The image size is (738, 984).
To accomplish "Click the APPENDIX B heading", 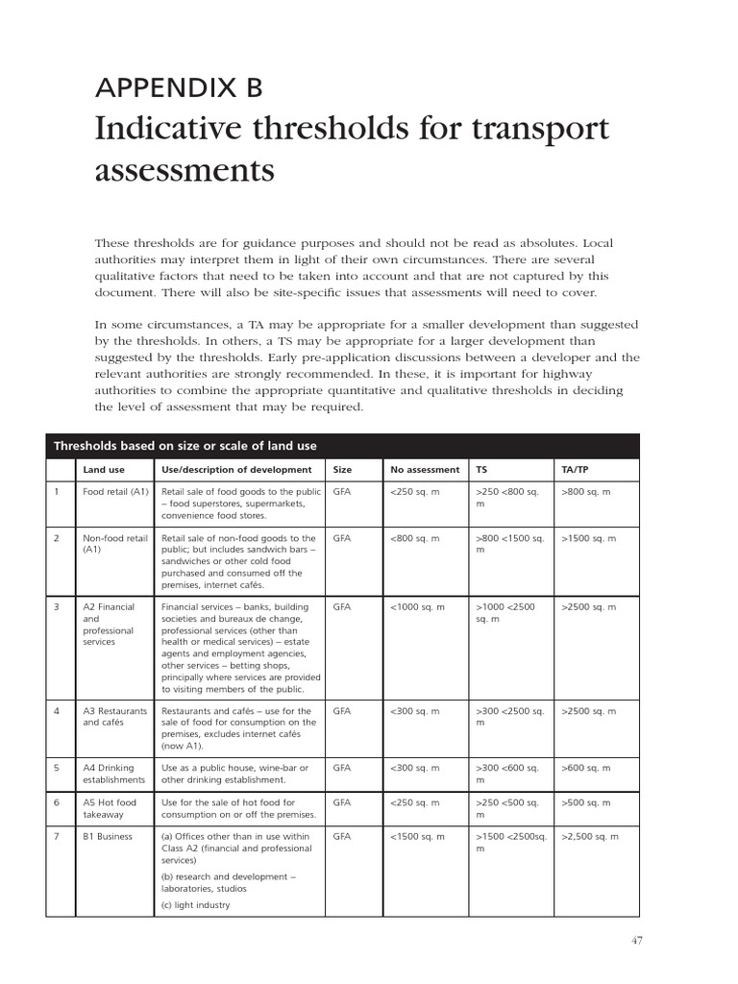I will pos(178,88).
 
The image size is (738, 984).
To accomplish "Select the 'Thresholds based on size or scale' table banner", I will pos(185,446).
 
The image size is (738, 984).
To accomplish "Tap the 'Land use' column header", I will pos(102,470).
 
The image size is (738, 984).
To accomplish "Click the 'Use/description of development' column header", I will pos(236,470).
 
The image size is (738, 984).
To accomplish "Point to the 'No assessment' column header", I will pos(425,470).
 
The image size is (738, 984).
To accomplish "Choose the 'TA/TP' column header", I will pos(575,470).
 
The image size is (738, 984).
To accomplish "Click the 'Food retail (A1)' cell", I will pos(115,492).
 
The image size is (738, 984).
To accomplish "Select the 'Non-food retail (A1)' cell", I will pos(115,544).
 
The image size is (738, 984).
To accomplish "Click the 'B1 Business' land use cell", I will pos(108,837).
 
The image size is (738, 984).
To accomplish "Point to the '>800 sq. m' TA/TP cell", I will pos(585,492).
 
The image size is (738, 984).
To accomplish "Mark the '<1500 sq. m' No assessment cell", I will pos(417,837).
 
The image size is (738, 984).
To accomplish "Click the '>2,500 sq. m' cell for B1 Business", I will pos(589,837).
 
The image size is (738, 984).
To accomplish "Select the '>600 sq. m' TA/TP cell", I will pos(585,768).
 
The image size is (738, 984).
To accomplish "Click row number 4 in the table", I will pos(58,711).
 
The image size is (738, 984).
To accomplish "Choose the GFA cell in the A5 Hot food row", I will pos(342,802).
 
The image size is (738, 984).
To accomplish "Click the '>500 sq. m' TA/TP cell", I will pos(585,802).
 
